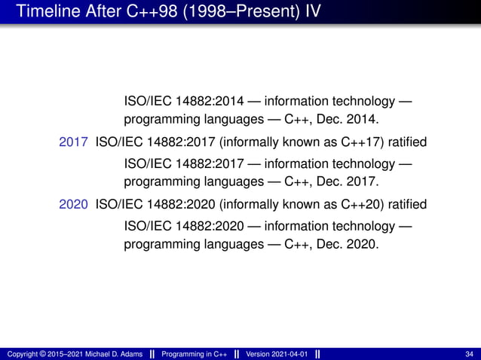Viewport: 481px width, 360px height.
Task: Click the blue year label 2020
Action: point(74,204)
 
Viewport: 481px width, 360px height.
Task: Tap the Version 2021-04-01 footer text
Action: point(276,353)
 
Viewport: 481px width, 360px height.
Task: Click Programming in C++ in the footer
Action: point(196,353)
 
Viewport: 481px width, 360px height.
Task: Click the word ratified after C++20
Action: point(407,204)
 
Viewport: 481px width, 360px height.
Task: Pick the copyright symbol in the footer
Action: point(42,353)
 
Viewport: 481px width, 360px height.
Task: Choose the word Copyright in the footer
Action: point(22,353)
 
